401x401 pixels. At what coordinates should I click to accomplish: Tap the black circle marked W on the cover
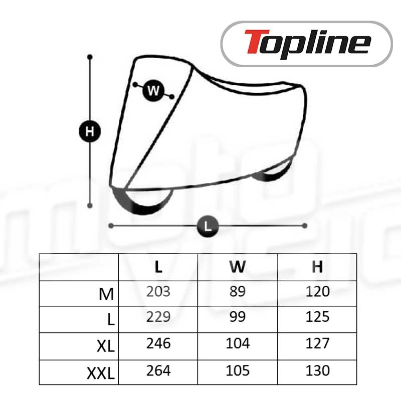(x=153, y=91)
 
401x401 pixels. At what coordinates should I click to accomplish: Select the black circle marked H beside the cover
(x=90, y=131)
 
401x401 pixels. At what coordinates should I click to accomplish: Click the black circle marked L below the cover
(x=208, y=226)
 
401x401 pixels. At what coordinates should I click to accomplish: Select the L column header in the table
(x=158, y=267)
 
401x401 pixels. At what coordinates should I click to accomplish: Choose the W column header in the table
(x=238, y=267)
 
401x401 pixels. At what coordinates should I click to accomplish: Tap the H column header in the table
(x=317, y=267)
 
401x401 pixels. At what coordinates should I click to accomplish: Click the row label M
(x=106, y=294)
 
